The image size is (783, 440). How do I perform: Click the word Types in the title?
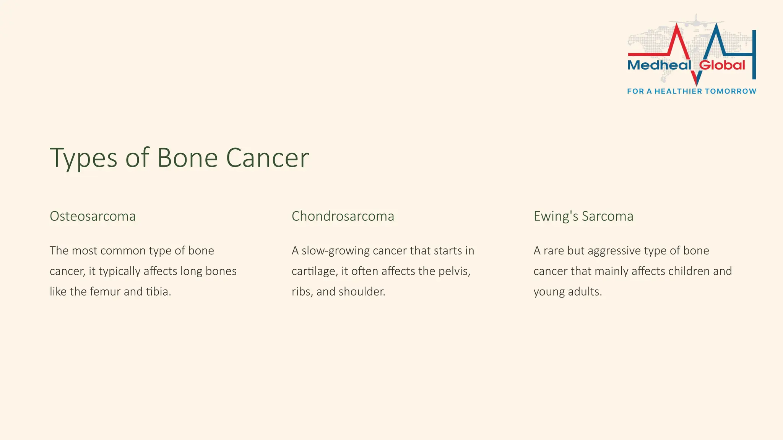(x=83, y=158)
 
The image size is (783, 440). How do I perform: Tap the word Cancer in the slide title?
(x=267, y=158)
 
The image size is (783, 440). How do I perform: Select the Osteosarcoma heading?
(x=93, y=216)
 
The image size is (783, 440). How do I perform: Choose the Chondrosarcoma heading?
(x=343, y=216)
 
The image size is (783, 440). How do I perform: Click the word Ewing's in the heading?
(x=556, y=216)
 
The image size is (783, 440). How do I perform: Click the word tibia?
(x=158, y=292)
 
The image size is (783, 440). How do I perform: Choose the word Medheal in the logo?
(x=659, y=65)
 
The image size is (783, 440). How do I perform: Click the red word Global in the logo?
(x=722, y=65)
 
